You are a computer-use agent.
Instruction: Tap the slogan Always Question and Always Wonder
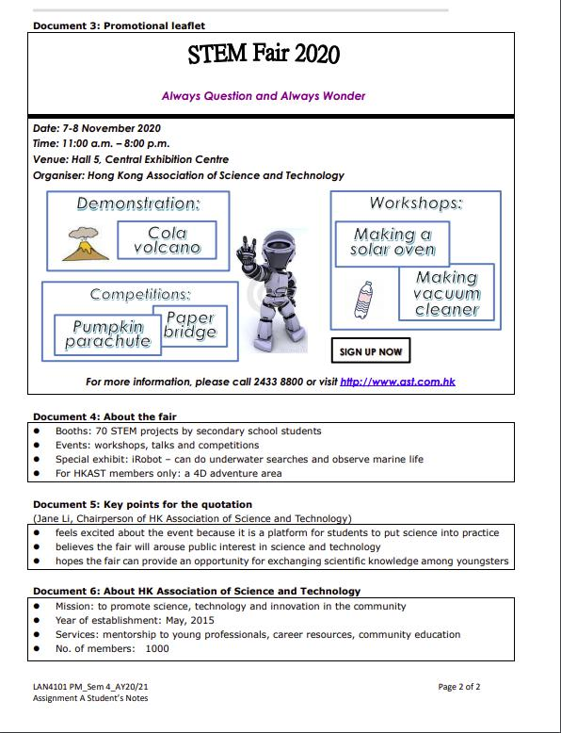pyautogui.click(x=264, y=96)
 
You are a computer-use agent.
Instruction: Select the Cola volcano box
pyautogui.click(x=167, y=239)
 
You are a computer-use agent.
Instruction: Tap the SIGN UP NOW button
pyautogui.click(x=370, y=351)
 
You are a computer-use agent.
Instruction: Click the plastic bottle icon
pyautogui.click(x=361, y=301)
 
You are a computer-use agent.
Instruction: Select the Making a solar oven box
pyautogui.click(x=393, y=241)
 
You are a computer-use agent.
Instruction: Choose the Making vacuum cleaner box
pyautogui.click(x=446, y=292)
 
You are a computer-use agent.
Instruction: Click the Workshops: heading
pyautogui.click(x=414, y=204)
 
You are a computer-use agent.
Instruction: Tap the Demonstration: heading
pyautogui.click(x=138, y=204)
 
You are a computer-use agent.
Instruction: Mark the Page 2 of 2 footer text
pyautogui.click(x=458, y=687)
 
